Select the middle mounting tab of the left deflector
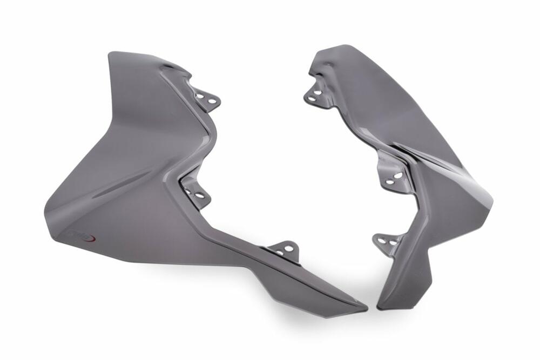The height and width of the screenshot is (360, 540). tap(196, 192)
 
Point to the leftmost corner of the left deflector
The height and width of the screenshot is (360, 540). tap(45, 216)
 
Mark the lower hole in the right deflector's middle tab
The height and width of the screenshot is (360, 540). tap(390, 181)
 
